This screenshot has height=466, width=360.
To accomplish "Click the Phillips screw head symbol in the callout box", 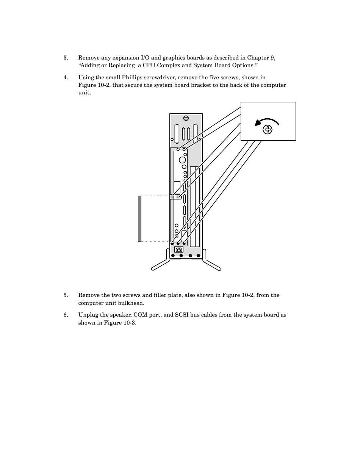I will tap(268, 130).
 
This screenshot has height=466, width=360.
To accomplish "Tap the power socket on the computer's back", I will tap(178, 249).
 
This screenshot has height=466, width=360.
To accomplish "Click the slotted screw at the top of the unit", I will tap(186, 118).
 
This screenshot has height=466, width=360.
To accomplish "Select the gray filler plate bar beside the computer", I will tap(140, 219).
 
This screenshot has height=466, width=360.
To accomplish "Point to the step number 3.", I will tap(66, 58).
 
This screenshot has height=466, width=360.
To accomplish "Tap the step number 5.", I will tap(66, 295).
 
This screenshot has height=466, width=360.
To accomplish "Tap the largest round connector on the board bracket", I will tap(182, 160).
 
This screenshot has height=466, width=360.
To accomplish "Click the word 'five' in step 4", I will tap(218, 78).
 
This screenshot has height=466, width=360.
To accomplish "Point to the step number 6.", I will tap(66, 315).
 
